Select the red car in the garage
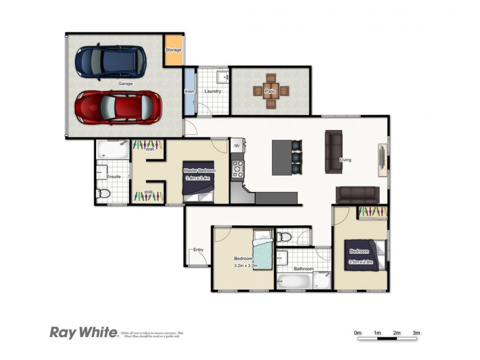click(x=118, y=107)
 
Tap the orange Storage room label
click(x=173, y=50)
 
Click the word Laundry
click(x=213, y=92)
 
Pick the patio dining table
click(x=271, y=91)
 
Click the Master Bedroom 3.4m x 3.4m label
click(x=199, y=175)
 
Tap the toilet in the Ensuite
click(x=103, y=194)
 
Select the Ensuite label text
click(x=114, y=177)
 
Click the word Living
click(x=346, y=160)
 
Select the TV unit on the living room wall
click(x=382, y=160)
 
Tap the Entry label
click(x=197, y=250)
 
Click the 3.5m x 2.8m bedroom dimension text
click(x=360, y=262)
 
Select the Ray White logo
click(x=83, y=333)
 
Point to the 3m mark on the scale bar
click(x=416, y=333)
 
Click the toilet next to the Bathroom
click(x=284, y=236)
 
